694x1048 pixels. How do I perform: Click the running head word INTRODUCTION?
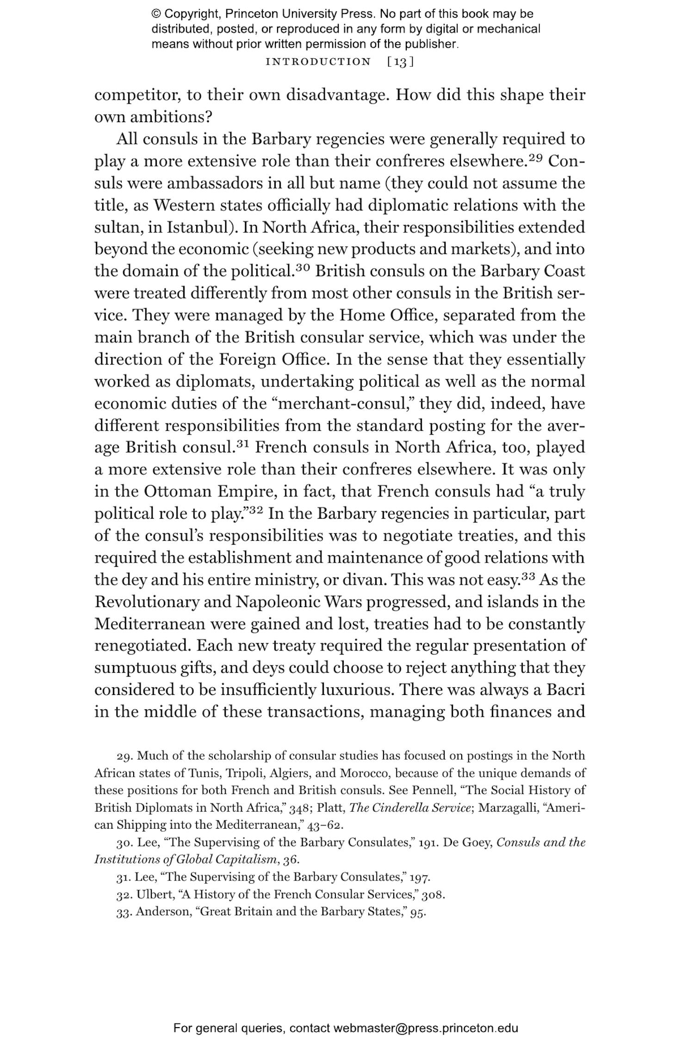click(318, 62)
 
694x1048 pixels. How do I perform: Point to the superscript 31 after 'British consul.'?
click(243, 444)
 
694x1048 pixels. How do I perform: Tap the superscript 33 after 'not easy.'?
click(528, 576)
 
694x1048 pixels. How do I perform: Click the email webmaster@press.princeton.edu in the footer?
click(425, 1028)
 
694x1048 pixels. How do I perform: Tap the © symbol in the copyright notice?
click(156, 14)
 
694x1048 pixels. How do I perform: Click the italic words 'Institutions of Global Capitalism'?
click(186, 860)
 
